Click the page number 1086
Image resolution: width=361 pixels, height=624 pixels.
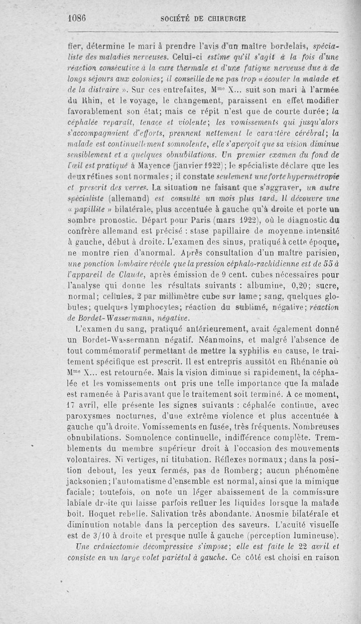coord(77,19)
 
